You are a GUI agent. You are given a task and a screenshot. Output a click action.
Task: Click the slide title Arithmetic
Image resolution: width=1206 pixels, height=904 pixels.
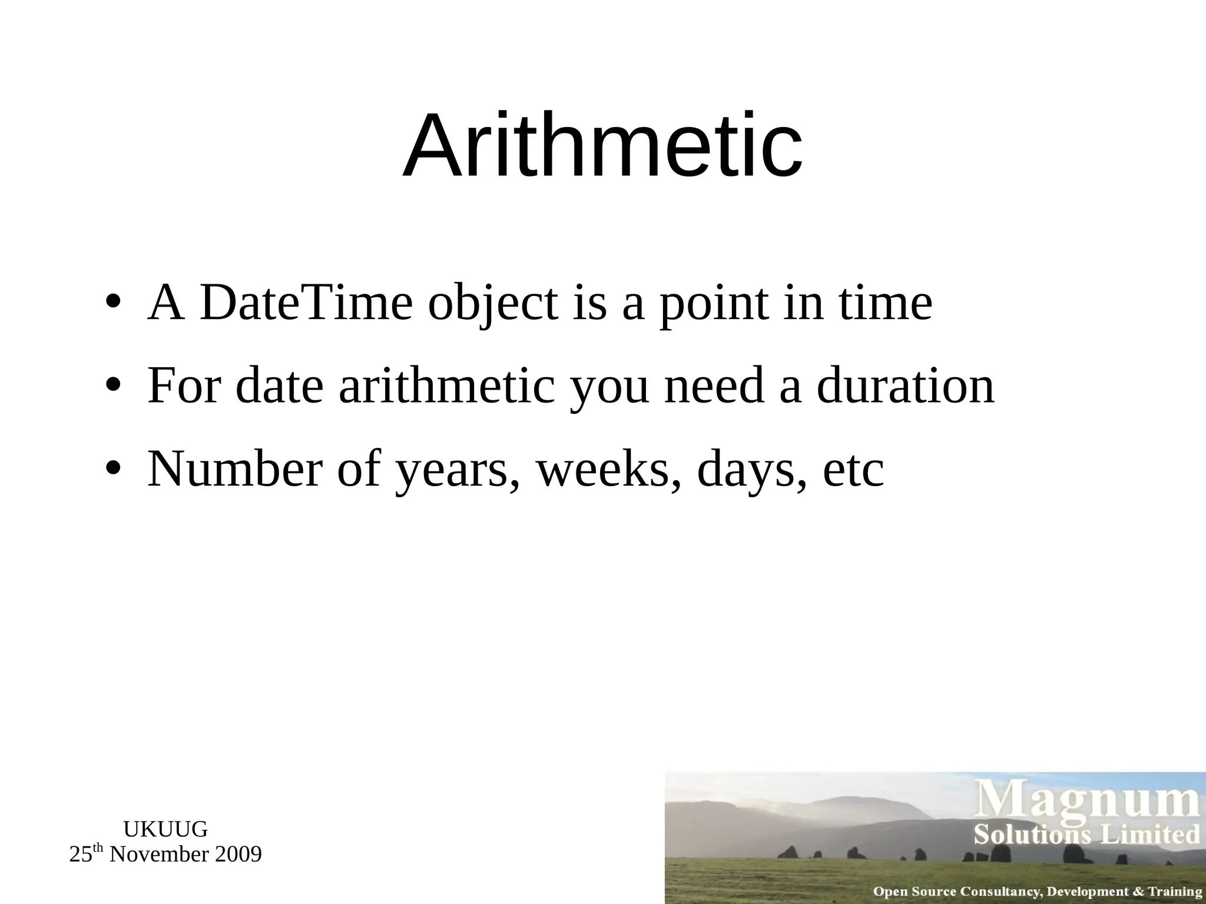602,146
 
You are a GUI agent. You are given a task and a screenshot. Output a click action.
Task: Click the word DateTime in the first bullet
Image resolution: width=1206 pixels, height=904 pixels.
306,304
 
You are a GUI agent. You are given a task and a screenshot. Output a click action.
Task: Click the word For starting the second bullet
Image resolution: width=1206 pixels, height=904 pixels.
184,387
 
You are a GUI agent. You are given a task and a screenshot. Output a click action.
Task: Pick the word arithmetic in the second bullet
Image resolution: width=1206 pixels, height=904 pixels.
447,387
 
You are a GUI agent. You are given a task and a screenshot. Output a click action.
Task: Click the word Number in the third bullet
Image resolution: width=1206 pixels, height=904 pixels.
234,470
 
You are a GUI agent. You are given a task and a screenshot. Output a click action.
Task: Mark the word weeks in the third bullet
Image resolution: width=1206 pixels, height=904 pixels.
608,470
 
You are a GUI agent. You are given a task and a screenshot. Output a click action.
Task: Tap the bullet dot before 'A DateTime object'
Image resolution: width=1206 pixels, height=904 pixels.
113,304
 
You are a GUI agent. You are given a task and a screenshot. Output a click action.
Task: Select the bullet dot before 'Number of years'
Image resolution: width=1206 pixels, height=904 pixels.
113,470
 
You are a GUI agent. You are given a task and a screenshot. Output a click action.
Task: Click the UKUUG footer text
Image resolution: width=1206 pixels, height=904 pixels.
165,829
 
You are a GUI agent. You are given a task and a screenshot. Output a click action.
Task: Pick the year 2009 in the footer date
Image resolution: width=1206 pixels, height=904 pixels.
238,855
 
